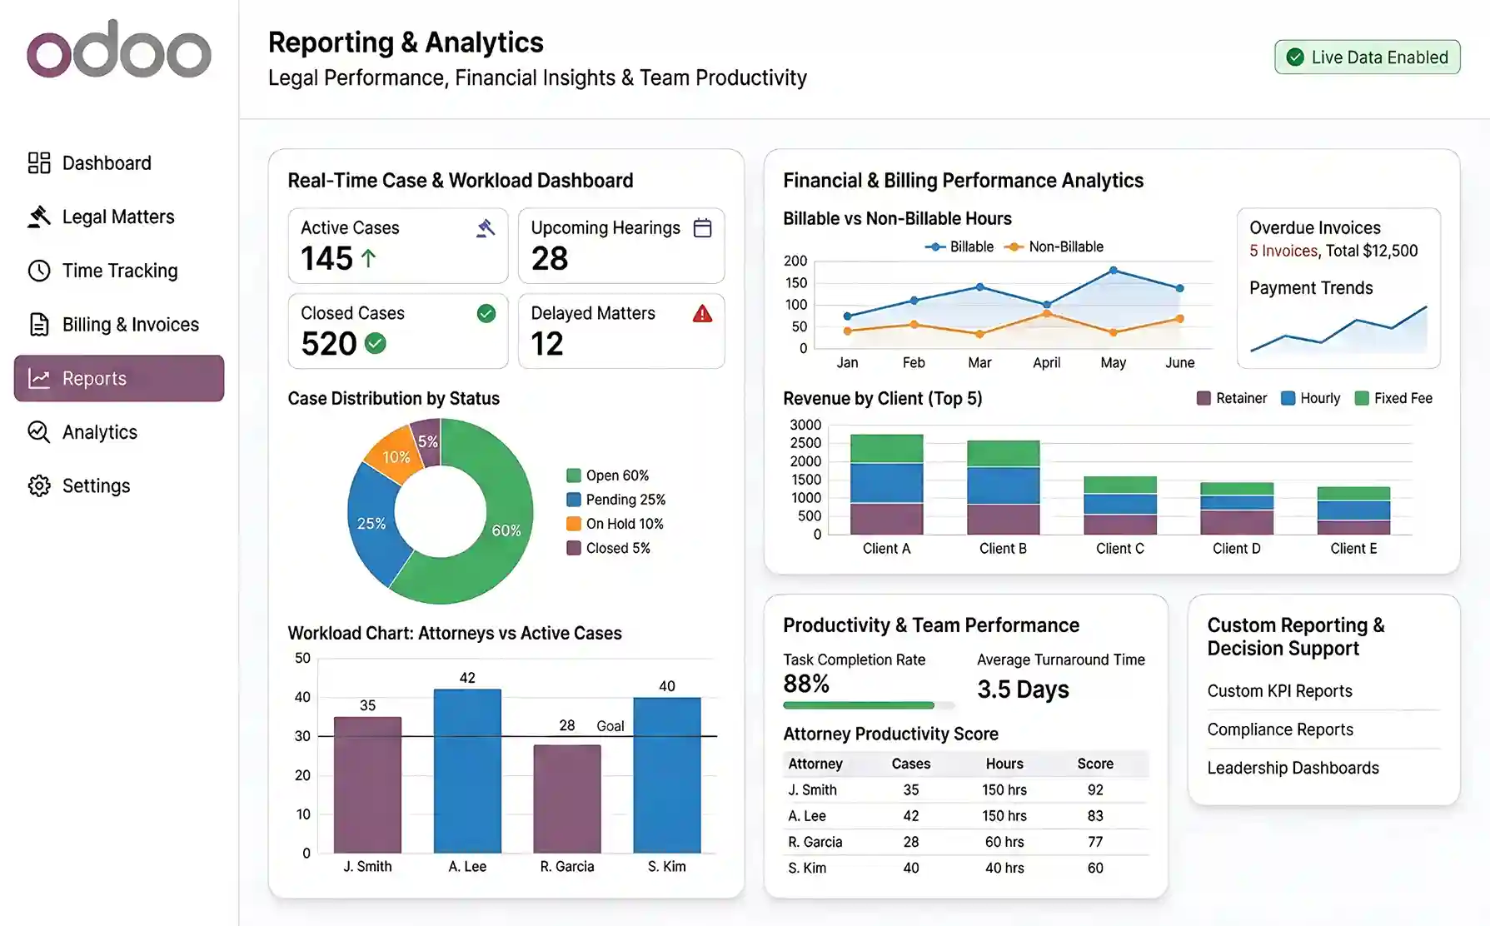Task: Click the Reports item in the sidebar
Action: click(118, 378)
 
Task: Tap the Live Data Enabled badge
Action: click(1367, 57)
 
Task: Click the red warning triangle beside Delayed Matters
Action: click(702, 314)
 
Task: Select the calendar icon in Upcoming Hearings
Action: click(702, 228)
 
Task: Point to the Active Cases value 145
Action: click(327, 259)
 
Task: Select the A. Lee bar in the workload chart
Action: click(467, 770)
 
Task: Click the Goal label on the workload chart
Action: click(610, 726)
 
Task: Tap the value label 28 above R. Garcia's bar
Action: click(567, 725)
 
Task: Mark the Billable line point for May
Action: click(1114, 271)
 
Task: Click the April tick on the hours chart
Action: click(1046, 362)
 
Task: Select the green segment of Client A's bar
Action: click(886, 448)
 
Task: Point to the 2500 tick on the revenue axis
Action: click(805, 443)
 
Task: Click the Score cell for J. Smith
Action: click(1094, 789)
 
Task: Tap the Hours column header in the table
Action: click(1004, 764)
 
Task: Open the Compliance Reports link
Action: click(1279, 729)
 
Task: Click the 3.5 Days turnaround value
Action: click(1023, 690)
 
